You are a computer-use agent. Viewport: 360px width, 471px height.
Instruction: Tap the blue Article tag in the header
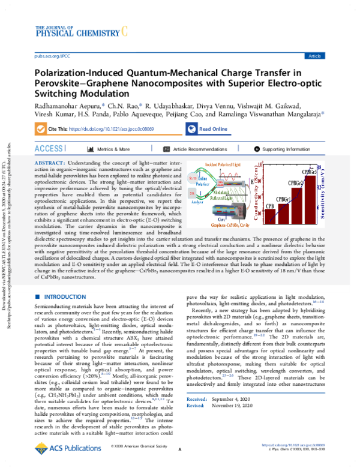[314, 56]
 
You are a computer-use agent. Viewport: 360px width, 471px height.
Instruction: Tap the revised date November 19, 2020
[247, 422]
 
